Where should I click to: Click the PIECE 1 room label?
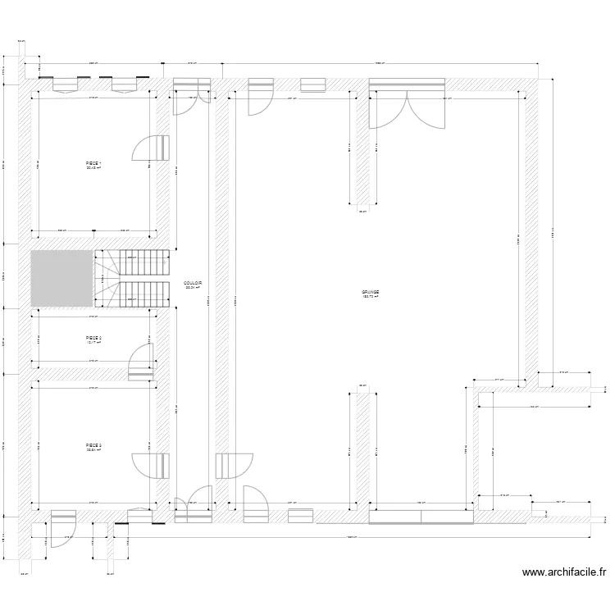point(93,163)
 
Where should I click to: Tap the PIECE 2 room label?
point(93,337)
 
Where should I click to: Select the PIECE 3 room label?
point(93,445)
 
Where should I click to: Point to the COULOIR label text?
point(194,283)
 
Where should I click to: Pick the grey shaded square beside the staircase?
point(61,279)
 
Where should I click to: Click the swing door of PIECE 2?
point(142,361)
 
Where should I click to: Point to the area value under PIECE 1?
point(93,168)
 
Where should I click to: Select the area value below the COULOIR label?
point(194,288)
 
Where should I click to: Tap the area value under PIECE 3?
point(93,450)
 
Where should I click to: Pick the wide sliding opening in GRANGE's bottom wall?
point(420,516)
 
